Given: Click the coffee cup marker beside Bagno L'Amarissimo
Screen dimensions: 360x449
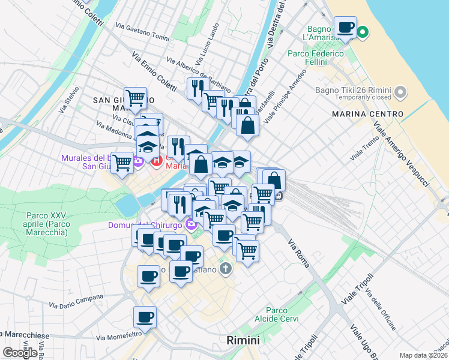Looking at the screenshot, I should click(345, 28).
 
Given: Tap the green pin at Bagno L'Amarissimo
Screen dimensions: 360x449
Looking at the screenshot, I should click(363, 32).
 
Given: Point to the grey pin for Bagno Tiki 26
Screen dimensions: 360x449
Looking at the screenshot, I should click(401, 93).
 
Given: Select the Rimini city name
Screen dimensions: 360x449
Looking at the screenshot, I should click(243, 340).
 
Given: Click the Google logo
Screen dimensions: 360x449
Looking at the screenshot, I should click(20, 353).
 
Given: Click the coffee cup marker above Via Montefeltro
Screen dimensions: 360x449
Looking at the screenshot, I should click(144, 317).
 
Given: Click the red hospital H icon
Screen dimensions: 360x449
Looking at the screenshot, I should click(158, 161).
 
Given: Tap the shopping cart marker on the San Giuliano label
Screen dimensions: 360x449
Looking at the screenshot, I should click(136, 97).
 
